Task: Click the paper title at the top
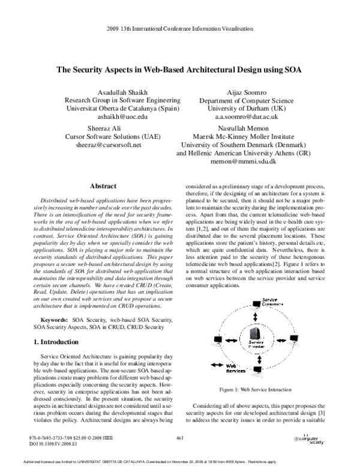click(179, 69)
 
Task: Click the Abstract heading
click(102, 187)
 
